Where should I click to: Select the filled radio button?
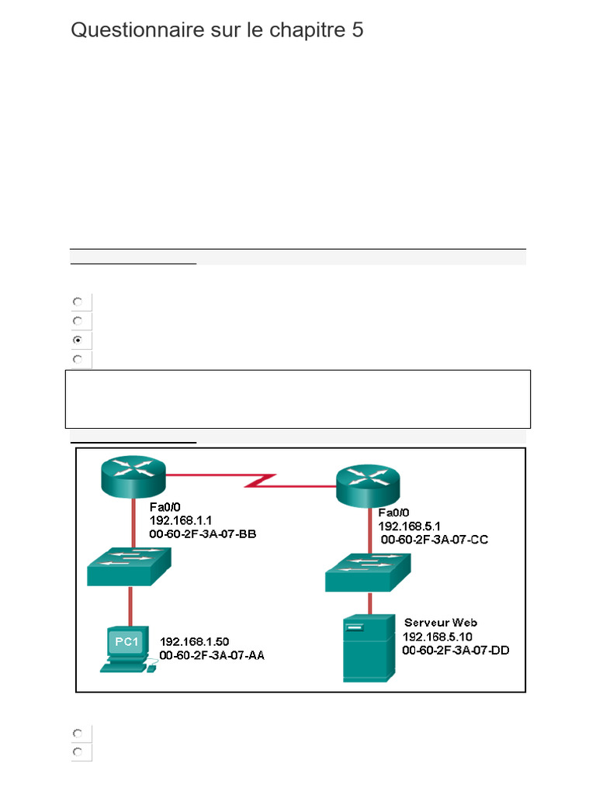78,340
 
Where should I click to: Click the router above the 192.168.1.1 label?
133,475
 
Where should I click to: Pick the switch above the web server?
368,572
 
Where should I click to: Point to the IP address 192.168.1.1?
182,519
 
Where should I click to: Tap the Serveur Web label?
440,623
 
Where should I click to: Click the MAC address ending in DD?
456,651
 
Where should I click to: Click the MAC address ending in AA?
212,655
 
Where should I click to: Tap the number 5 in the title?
357,30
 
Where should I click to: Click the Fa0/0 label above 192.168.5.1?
393,513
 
